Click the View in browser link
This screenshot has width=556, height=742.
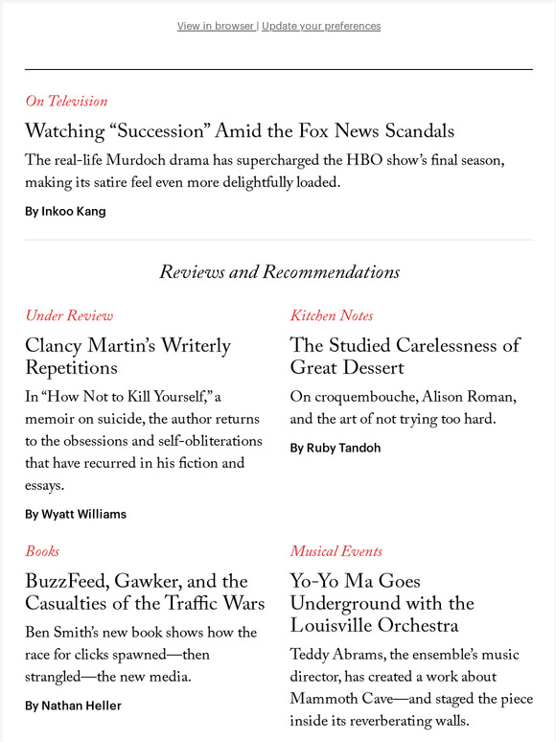pos(216,26)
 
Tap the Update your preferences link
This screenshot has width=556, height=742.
pos(321,26)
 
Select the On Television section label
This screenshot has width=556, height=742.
pos(66,101)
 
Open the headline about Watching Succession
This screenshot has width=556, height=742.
pos(240,130)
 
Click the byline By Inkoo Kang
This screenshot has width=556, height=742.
pos(65,211)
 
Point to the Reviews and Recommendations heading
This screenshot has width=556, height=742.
pos(279,272)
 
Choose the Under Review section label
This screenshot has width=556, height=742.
pos(69,315)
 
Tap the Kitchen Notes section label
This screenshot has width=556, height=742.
pos(332,315)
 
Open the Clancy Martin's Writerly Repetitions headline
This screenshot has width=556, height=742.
pos(127,356)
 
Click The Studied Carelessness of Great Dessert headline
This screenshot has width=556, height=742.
pos(405,356)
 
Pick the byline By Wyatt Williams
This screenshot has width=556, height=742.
pos(76,514)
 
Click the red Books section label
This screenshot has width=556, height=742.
pos(42,551)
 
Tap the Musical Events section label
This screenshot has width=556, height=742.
pos(336,551)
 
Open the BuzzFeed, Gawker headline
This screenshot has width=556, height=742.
pos(144,591)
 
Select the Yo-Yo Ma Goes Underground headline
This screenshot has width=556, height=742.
pos(382,603)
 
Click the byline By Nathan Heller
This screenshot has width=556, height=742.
pos(74,706)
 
